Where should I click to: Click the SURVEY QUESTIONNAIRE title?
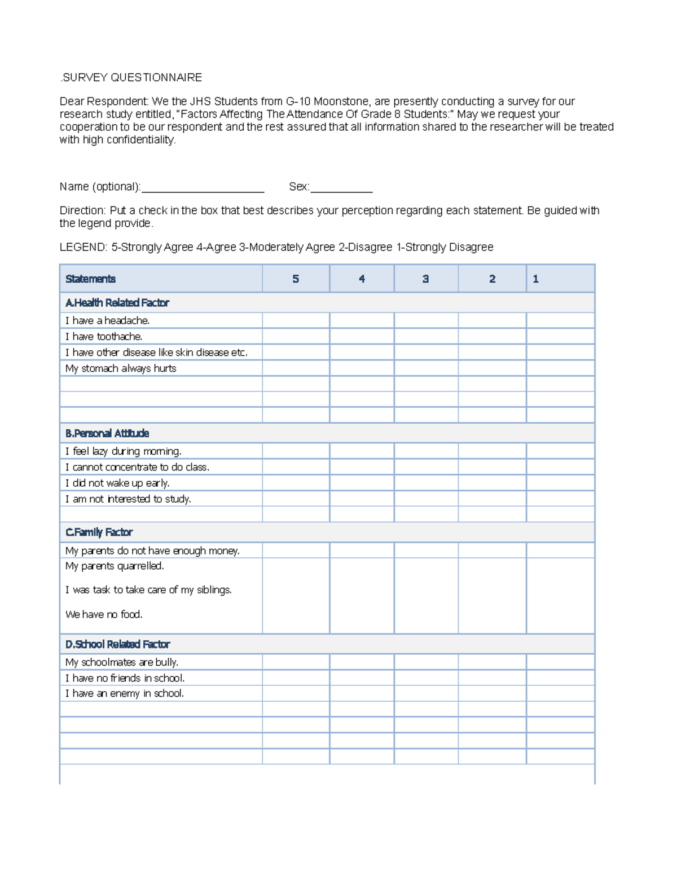[131, 77]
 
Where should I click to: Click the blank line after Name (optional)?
[203, 187]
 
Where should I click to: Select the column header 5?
[296, 279]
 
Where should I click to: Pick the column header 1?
[535, 279]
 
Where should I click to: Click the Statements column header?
[90, 279]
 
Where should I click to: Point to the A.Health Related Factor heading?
[117, 303]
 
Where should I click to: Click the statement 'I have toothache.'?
[104, 337]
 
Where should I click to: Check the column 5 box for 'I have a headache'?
[296, 320]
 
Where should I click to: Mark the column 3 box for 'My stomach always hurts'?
[426, 368]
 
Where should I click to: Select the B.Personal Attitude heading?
[107, 433]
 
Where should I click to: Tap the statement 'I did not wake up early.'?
[117, 483]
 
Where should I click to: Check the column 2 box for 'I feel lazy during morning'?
[492, 451]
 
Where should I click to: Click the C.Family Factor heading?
[99, 532]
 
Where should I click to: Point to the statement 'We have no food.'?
[104, 614]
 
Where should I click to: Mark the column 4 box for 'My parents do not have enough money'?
[362, 551]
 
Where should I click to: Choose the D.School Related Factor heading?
[117, 644]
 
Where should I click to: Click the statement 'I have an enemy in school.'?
[125, 693]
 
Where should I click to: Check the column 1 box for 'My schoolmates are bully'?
[560, 662]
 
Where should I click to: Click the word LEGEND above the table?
[83, 247]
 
